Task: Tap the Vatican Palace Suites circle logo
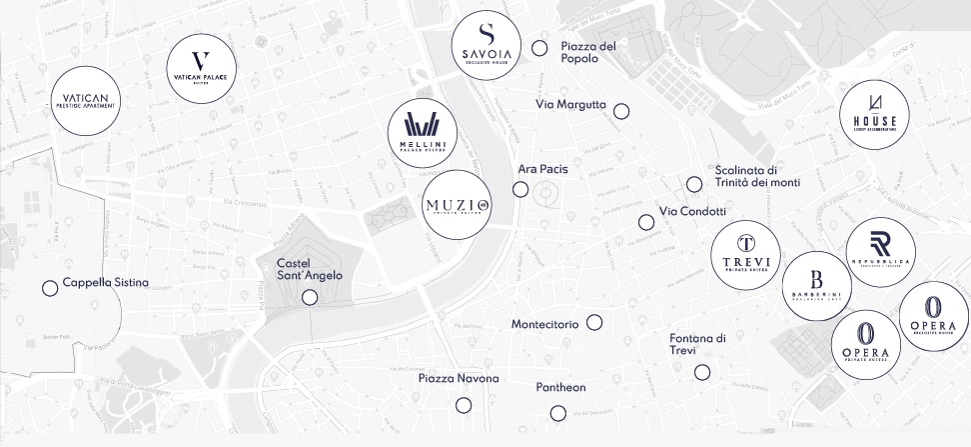202,69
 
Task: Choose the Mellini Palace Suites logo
422,134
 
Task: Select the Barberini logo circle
816,285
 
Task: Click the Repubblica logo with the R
880,252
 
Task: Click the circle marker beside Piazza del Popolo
539,48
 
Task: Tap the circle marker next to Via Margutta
621,111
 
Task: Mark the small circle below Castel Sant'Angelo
310,297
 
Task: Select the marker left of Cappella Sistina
49,288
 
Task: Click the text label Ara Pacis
542,169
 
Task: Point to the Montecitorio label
543,324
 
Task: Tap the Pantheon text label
560,387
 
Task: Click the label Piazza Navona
459,378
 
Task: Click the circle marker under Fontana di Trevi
702,372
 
